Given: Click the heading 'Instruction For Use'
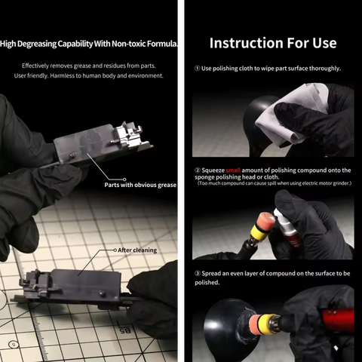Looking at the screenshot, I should (272, 42).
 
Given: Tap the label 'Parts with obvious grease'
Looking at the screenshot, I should (140, 185).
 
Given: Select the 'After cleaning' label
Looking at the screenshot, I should (139, 249).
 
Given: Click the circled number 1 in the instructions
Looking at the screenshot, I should (197, 69).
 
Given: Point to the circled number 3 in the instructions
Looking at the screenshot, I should (197, 274).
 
